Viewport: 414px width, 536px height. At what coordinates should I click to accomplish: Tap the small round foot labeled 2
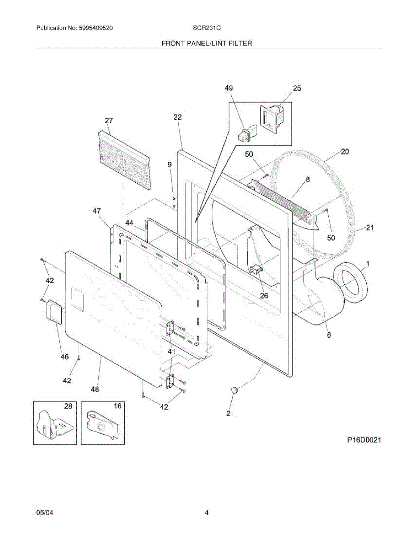pyautogui.click(x=235, y=390)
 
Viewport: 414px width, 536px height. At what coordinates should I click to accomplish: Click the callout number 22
pyautogui.click(x=178, y=117)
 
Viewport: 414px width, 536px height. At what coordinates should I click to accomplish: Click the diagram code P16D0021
pyautogui.click(x=364, y=440)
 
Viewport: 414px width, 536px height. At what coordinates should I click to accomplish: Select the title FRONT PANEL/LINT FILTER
pyautogui.click(x=206, y=43)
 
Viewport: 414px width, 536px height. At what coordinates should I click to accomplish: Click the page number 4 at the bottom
pyautogui.click(x=207, y=513)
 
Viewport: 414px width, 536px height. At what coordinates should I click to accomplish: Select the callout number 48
pyautogui.click(x=95, y=389)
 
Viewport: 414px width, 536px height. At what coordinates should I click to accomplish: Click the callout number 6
pyautogui.click(x=329, y=335)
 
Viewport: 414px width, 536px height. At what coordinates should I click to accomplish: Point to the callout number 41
pyautogui.click(x=171, y=352)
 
